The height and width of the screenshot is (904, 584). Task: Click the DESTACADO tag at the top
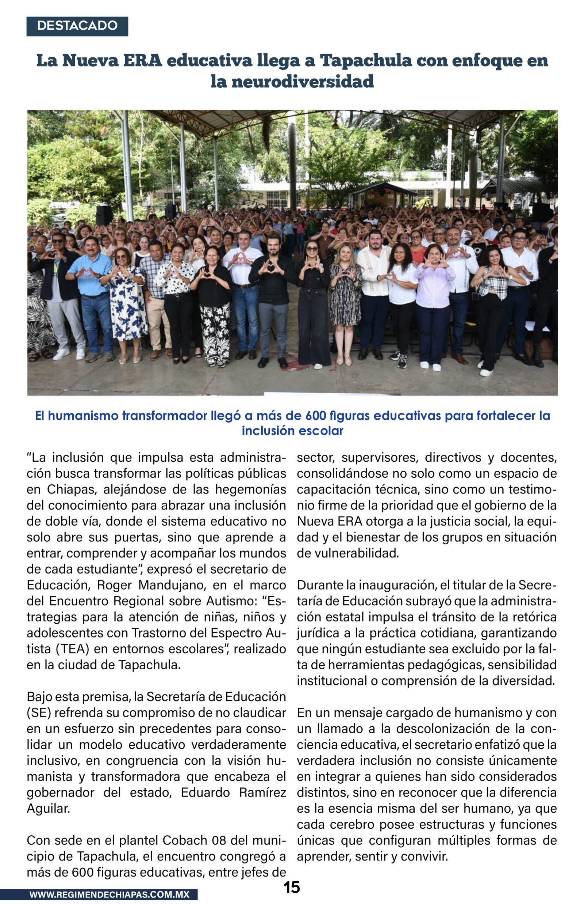77,26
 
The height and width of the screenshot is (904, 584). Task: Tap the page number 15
292,887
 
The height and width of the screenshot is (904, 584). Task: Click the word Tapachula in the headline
366,60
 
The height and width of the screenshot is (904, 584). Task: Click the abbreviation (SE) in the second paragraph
39,713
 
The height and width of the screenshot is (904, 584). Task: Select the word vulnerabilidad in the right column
348,553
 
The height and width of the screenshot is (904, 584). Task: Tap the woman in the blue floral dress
126,300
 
